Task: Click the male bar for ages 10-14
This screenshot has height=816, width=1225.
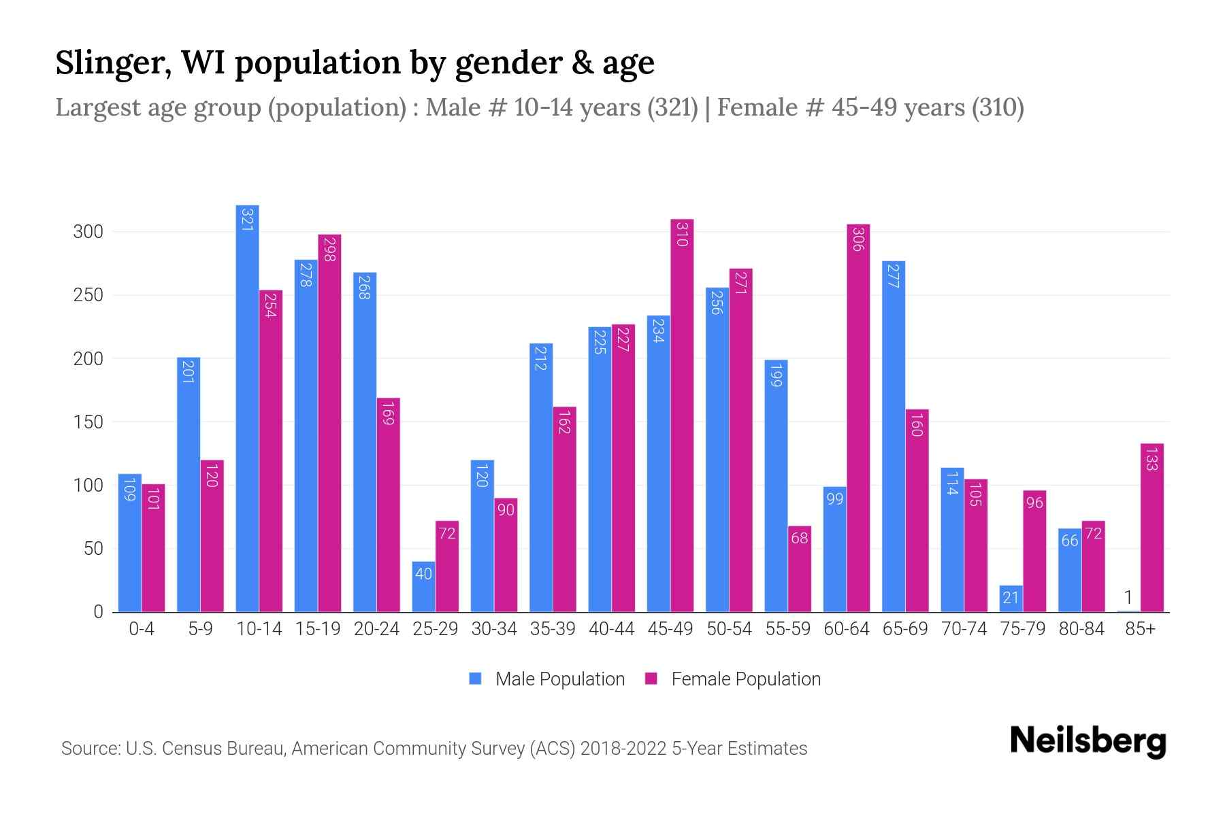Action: click(247, 408)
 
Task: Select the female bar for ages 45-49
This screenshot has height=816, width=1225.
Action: click(682, 415)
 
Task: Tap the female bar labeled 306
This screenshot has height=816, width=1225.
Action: click(858, 418)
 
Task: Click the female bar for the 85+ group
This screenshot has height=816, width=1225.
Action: click(1152, 528)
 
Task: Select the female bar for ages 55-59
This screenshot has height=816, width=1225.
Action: click(800, 568)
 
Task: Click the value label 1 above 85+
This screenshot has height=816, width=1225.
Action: click(1128, 598)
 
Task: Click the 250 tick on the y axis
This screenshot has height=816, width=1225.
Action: click(88, 295)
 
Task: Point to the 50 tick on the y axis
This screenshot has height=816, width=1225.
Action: click(93, 549)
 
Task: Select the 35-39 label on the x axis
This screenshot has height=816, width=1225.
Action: click(553, 629)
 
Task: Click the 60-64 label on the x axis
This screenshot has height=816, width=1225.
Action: click(847, 629)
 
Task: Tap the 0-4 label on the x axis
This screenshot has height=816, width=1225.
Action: click(142, 629)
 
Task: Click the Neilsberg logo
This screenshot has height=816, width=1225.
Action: click(1088, 741)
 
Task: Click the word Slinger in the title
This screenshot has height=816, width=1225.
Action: click(112, 63)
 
